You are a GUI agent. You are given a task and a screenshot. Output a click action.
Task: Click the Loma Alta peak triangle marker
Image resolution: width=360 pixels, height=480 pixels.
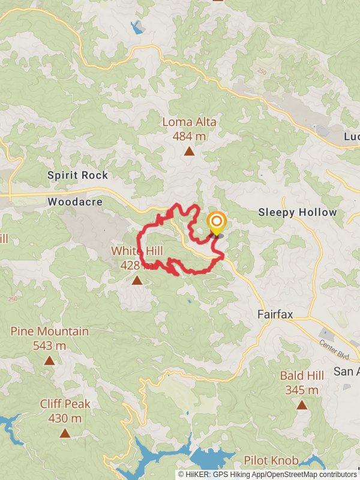click(x=189, y=151)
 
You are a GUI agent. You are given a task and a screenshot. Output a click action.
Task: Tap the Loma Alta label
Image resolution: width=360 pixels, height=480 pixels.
click(x=189, y=122)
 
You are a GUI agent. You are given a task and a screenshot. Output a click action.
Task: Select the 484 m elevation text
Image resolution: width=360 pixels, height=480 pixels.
click(x=189, y=136)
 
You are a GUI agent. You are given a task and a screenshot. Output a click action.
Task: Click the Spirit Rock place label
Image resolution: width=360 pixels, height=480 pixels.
click(x=78, y=175)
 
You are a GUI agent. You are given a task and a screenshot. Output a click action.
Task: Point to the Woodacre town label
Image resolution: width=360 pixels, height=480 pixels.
click(x=72, y=203)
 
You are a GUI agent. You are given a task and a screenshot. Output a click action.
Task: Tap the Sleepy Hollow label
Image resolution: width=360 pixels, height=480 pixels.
click(x=297, y=212)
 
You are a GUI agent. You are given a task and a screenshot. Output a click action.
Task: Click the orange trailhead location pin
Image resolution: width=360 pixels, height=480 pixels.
click(x=216, y=224)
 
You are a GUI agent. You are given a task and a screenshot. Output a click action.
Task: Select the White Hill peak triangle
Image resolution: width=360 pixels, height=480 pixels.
click(x=137, y=280)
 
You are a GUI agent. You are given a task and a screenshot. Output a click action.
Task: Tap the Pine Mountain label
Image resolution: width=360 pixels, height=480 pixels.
click(x=49, y=331)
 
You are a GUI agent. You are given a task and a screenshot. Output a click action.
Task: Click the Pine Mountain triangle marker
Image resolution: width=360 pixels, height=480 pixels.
click(x=49, y=361)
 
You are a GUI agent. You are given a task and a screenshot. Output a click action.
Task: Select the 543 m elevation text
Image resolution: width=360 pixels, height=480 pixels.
click(x=49, y=346)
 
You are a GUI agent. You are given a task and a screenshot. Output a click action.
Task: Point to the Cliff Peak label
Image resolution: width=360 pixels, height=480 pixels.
click(x=65, y=404)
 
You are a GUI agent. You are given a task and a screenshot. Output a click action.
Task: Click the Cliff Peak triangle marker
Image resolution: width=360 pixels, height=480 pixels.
click(x=65, y=433)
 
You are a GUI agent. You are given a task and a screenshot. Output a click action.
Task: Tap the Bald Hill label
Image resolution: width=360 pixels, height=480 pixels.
click(x=302, y=376)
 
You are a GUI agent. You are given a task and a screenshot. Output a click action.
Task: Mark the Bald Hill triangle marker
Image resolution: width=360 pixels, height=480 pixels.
click(x=302, y=405)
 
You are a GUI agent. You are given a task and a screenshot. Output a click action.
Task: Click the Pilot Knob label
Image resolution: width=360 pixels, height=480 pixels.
click(x=271, y=461)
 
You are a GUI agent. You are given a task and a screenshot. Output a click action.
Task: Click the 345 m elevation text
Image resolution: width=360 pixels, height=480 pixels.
click(x=302, y=391)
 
